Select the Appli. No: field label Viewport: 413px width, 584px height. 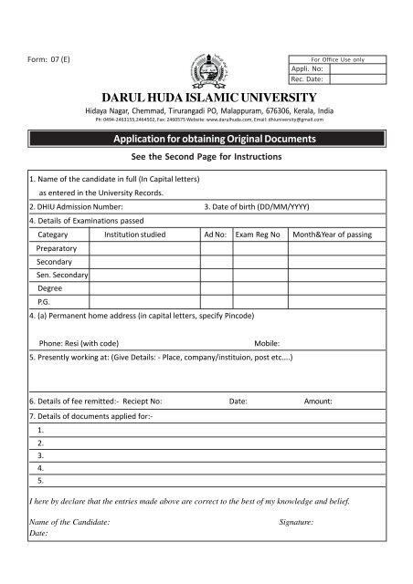[304, 68]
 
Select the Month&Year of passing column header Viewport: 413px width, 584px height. [332, 235]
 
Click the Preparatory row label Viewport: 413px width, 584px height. [56, 248]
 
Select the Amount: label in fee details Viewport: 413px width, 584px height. [318, 401]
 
